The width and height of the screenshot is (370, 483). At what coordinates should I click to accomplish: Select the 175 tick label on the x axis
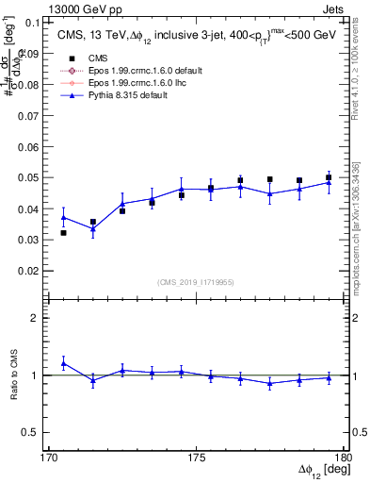point(197,457)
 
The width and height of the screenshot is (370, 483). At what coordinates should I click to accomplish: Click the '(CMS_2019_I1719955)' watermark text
point(196,281)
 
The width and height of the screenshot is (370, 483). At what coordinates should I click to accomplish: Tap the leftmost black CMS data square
point(63,233)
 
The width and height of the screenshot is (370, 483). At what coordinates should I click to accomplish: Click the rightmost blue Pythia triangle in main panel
point(329,182)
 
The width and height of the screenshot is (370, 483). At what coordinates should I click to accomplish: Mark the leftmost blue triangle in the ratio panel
point(63,363)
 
